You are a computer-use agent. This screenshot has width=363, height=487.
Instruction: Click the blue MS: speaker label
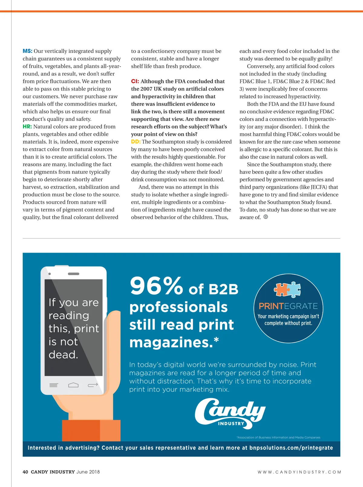[27, 51]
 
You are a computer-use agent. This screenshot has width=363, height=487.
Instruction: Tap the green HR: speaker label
[27, 126]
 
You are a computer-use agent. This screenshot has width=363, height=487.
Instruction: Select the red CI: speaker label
[135, 81]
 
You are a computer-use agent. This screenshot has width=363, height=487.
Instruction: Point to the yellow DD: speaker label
[136, 142]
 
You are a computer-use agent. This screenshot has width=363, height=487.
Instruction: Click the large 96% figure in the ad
[156, 286]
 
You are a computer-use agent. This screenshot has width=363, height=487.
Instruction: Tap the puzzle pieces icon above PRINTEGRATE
[287, 289]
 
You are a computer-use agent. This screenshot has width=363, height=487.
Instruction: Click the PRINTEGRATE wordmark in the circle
[288, 306]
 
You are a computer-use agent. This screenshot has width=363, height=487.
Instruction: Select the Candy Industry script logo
[230, 413]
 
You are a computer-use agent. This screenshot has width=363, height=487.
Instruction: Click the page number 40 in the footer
[25, 472]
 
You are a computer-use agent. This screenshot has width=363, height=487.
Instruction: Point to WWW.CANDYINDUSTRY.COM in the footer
[299, 472]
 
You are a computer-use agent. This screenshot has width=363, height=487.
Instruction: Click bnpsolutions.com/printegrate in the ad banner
[291, 448]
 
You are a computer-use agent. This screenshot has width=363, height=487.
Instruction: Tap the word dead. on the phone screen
[64, 355]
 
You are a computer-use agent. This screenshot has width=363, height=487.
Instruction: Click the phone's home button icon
[73, 385]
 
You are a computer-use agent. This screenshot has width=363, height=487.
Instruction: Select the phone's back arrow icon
[93, 385]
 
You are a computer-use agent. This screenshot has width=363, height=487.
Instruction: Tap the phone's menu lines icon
[54, 385]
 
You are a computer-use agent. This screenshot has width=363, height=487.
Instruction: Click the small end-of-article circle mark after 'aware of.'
[266, 217]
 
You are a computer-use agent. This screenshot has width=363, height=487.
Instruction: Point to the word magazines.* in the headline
[174, 342]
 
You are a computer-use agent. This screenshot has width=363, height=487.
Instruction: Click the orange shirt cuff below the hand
[91, 430]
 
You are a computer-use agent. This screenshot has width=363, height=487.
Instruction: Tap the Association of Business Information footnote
[278, 437]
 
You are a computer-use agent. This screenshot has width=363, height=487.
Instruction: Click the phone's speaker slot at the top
[74, 274]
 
